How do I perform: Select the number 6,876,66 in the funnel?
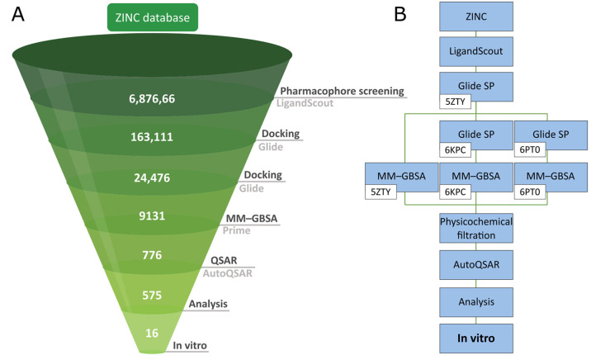150,99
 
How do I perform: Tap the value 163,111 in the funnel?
150,137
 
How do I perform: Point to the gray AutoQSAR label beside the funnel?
228,272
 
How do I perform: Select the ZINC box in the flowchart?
476,16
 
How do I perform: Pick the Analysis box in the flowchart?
476,303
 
